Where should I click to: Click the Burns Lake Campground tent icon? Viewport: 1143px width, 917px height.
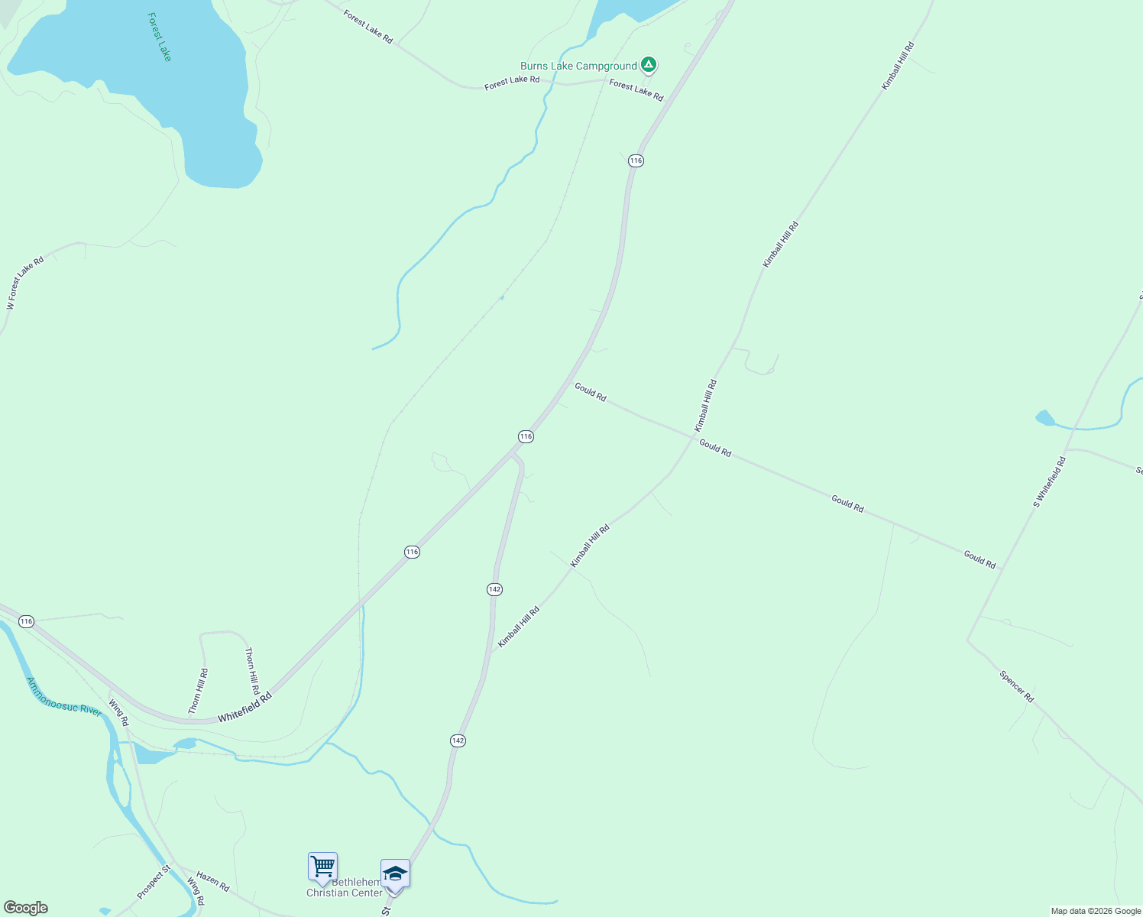coord(649,65)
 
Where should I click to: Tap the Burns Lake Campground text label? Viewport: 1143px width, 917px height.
coord(578,66)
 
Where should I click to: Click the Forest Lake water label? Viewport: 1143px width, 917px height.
coord(160,37)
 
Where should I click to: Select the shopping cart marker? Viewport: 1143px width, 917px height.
coord(322,867)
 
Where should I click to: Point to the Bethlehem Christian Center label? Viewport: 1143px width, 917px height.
coord(345,888)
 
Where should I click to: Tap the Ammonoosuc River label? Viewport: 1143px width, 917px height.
coord(64,697)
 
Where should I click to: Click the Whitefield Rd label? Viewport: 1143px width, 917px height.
coord(244,708)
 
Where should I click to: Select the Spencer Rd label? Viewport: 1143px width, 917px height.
coord(1016,686)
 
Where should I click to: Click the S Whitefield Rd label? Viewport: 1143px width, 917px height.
coord(1049,482)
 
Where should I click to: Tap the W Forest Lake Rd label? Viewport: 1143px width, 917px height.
coord(25,283)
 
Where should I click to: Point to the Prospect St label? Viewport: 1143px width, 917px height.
coord(154,882)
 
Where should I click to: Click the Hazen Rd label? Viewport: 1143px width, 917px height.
coord(212,881)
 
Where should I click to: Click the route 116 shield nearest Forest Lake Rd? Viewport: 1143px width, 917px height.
coord(636,160)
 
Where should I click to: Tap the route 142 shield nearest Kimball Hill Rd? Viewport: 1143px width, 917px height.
coord(494,589)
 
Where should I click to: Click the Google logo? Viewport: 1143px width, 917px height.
coord(25,908)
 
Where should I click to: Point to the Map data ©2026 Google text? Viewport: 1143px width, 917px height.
coord(1096,911)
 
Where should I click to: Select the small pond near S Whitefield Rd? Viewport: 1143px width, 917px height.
coord(1044,418)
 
